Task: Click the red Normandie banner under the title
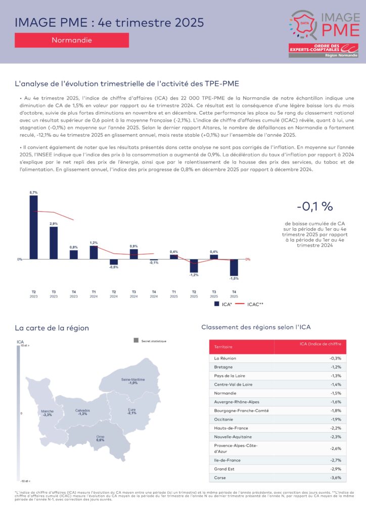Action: point(72,40)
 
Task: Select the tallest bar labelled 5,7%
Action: point(34,227)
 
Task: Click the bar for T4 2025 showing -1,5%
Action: point(234,267)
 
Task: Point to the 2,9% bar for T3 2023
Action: point(54,243)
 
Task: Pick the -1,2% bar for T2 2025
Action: point(194,265)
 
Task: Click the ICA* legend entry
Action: point(222,304)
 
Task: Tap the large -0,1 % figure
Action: point(314,206)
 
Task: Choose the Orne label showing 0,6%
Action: point(100,438)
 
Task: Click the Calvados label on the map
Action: point(82,412)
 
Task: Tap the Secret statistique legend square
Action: point(136,341)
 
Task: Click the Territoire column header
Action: point(223,347)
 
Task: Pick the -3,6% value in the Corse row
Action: point(335,477)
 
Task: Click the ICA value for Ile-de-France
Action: point(335,460)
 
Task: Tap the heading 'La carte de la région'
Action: point(52,328)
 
